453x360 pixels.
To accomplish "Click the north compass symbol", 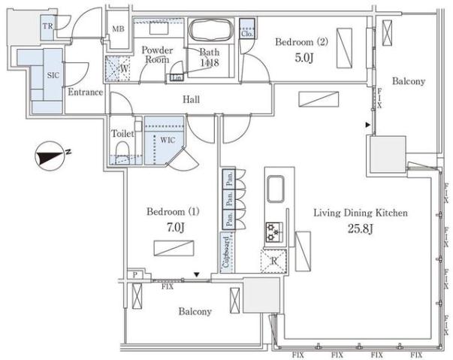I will [50, 157].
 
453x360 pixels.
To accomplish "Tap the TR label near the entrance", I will [47, 27].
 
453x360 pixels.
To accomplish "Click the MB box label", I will [118, 29].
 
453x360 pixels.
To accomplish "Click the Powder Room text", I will [158, 55].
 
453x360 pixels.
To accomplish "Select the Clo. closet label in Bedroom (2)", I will [247, 34].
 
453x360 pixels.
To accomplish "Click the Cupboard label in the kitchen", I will [225, 252].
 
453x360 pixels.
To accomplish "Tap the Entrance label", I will [85, 92].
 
